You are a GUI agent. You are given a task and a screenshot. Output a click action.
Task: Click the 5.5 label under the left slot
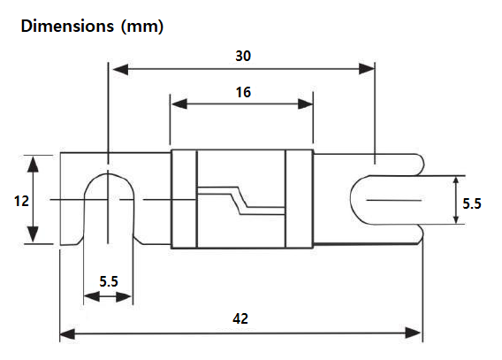pos(109,281)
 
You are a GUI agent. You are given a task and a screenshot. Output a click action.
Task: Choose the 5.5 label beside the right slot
pos(472,203)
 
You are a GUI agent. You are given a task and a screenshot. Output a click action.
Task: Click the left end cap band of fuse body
pos(182,199)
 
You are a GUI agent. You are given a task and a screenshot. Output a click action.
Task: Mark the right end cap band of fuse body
pos(300,199)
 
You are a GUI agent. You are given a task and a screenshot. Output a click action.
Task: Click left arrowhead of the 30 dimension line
pos(114,68)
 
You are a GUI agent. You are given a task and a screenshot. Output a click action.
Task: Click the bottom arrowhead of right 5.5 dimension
pos(455,221)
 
